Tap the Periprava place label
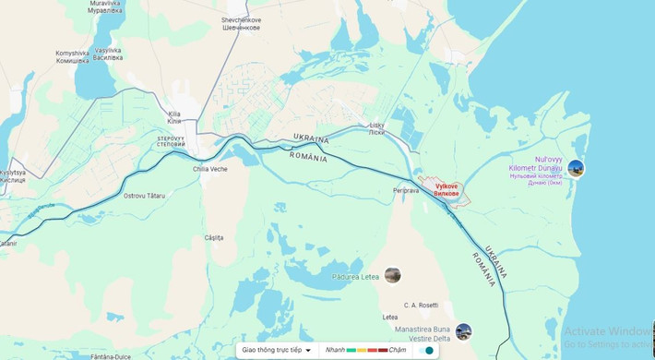pyautogui.click(x=406, y=191)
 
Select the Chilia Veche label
pyautogui.click(x=209, y=169)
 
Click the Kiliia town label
pyautogui.click(x=174, y=118)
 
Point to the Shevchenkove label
pyautogui.click(x=241, y=23)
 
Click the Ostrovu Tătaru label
pyautogui.click(x=143, y=196)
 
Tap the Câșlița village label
pyautogui.click(x=214, y=237)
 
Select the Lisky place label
pyautogui.click(x=376, y=128)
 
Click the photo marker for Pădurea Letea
pyautogui.click(x=393, y=274)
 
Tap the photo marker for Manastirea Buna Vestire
pyautogui.click(x=463, y=331)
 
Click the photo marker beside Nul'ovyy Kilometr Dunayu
pyautogui.click(x=576, y=168)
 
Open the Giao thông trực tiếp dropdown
pyautogui.click(x=276, y=350)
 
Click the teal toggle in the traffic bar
pyautogui.click(x=426, y=350)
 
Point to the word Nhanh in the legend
pyautogui.click(x=335, y=350)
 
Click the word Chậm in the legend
pyautogui.click(x=398, y=350)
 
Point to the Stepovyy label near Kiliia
pyautogui.click(x=171, y=141)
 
